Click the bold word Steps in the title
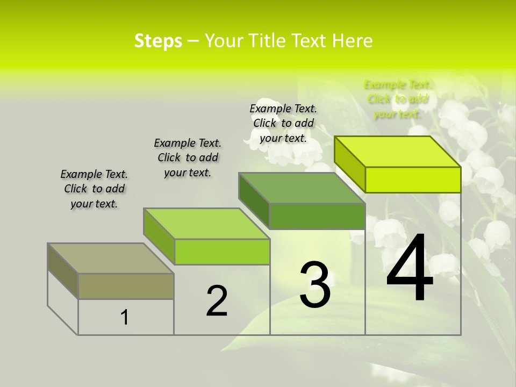click(158, 41)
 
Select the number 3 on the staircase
click(314, 284)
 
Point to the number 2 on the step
click(217, 300)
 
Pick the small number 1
click(125, 318)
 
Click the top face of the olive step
click(111, 259)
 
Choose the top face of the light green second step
click(206, 224)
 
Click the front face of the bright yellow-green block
click(413, 180)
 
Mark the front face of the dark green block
click(317, 216)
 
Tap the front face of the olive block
click(126, 286)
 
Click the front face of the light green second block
click(222, 252)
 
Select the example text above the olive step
click(94, 189)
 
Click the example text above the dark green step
click(283, 123)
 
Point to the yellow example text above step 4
click(397, 99)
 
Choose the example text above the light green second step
click(188, 157)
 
